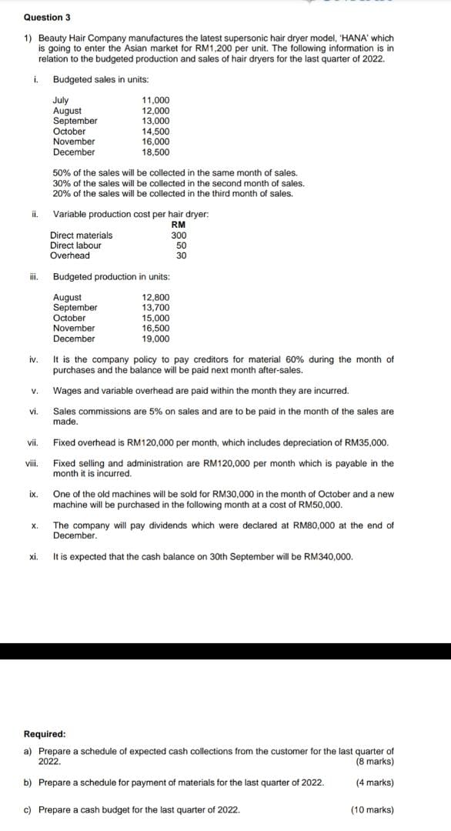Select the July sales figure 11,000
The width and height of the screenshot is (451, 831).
156,100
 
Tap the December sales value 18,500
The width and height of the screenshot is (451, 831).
156,152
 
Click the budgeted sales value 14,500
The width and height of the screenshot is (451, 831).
156,131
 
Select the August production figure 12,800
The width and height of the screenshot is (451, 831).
156,297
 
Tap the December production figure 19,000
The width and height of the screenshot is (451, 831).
156,339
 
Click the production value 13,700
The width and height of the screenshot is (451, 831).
156,307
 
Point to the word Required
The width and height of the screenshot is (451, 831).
45,734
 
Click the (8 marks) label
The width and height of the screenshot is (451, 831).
375,762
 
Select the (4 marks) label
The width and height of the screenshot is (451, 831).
375,783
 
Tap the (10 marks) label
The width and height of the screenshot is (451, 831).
372,809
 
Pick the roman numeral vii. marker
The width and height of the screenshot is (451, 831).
32,442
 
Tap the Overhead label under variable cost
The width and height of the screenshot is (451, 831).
69,255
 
